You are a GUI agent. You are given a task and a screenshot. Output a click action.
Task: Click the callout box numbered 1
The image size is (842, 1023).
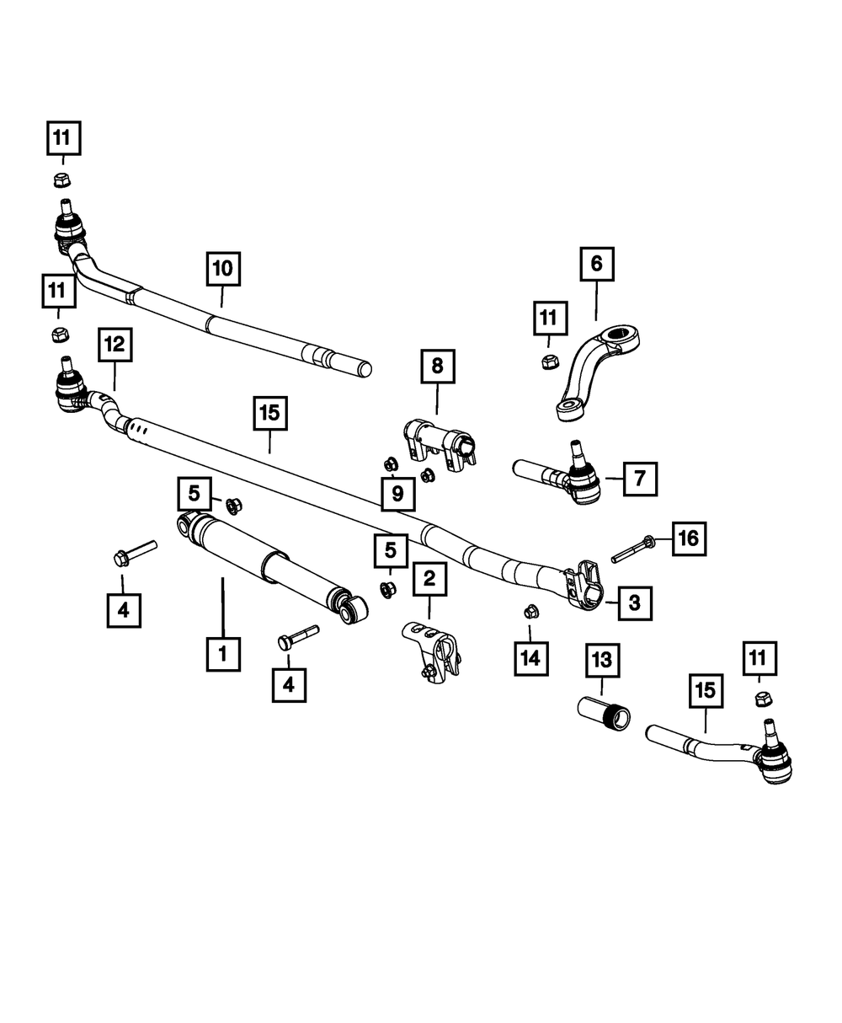[223, 653]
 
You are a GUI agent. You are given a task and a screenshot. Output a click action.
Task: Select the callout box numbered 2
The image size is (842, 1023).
[429, 579]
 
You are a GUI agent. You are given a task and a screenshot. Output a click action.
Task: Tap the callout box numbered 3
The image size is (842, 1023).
[634, 603]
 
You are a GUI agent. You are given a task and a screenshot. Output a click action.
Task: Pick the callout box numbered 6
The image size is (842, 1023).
[596, 264]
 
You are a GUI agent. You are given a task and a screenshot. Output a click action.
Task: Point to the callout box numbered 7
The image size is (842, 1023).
[640, 479]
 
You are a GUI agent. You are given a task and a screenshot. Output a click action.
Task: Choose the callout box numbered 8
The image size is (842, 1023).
[437, 368]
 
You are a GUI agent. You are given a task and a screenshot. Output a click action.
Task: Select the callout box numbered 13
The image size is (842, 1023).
[604, 660]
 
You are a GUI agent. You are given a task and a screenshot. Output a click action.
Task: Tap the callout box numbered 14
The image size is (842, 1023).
[530, 658]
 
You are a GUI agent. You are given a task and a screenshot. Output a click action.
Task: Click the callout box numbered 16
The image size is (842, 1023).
[689, 538]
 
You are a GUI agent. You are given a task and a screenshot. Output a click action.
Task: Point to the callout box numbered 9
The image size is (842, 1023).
[397, 493]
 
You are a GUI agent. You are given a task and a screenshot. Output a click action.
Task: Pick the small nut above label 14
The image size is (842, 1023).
[530, 609]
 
